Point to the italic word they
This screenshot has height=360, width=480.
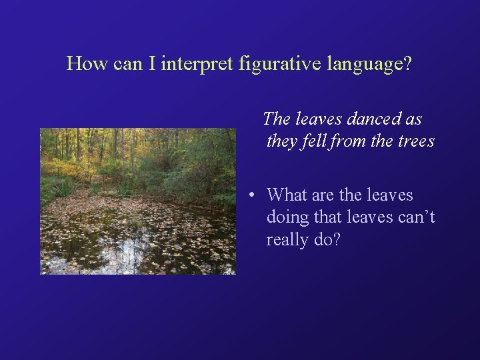coord(280,141)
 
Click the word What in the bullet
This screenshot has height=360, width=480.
coord(287,195)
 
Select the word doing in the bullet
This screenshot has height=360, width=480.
coord(287,218)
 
